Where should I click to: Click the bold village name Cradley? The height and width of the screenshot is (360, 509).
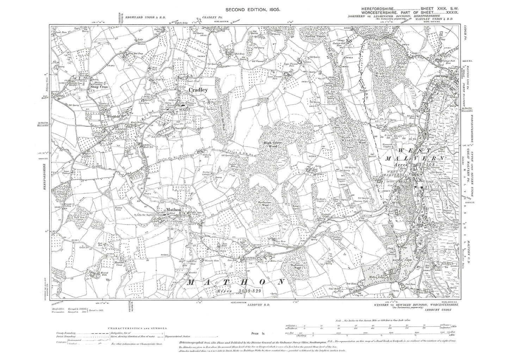[199, 90]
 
